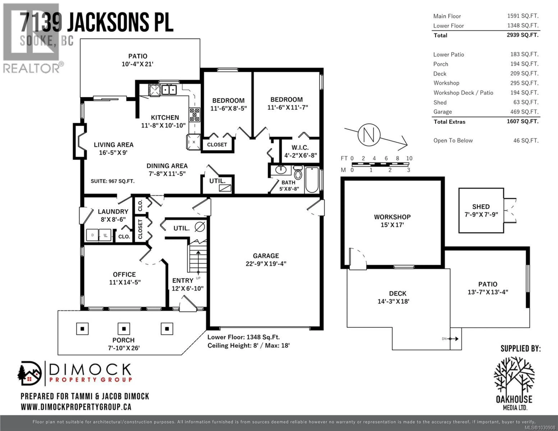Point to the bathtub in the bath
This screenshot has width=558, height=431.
312,180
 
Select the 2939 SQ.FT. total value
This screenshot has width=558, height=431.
523,35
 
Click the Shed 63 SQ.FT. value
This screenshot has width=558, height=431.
526,102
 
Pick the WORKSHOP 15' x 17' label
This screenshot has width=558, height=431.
392,221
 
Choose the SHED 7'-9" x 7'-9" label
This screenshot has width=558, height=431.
481,210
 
